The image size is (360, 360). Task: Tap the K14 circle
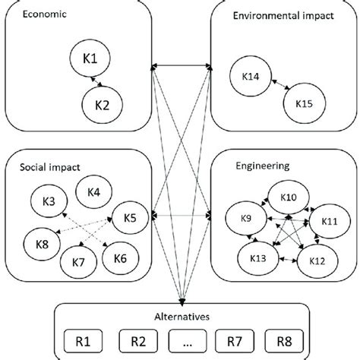pos(250,77)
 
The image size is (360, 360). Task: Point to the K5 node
pos(128,219)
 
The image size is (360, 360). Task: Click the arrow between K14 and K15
pos(273,88)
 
